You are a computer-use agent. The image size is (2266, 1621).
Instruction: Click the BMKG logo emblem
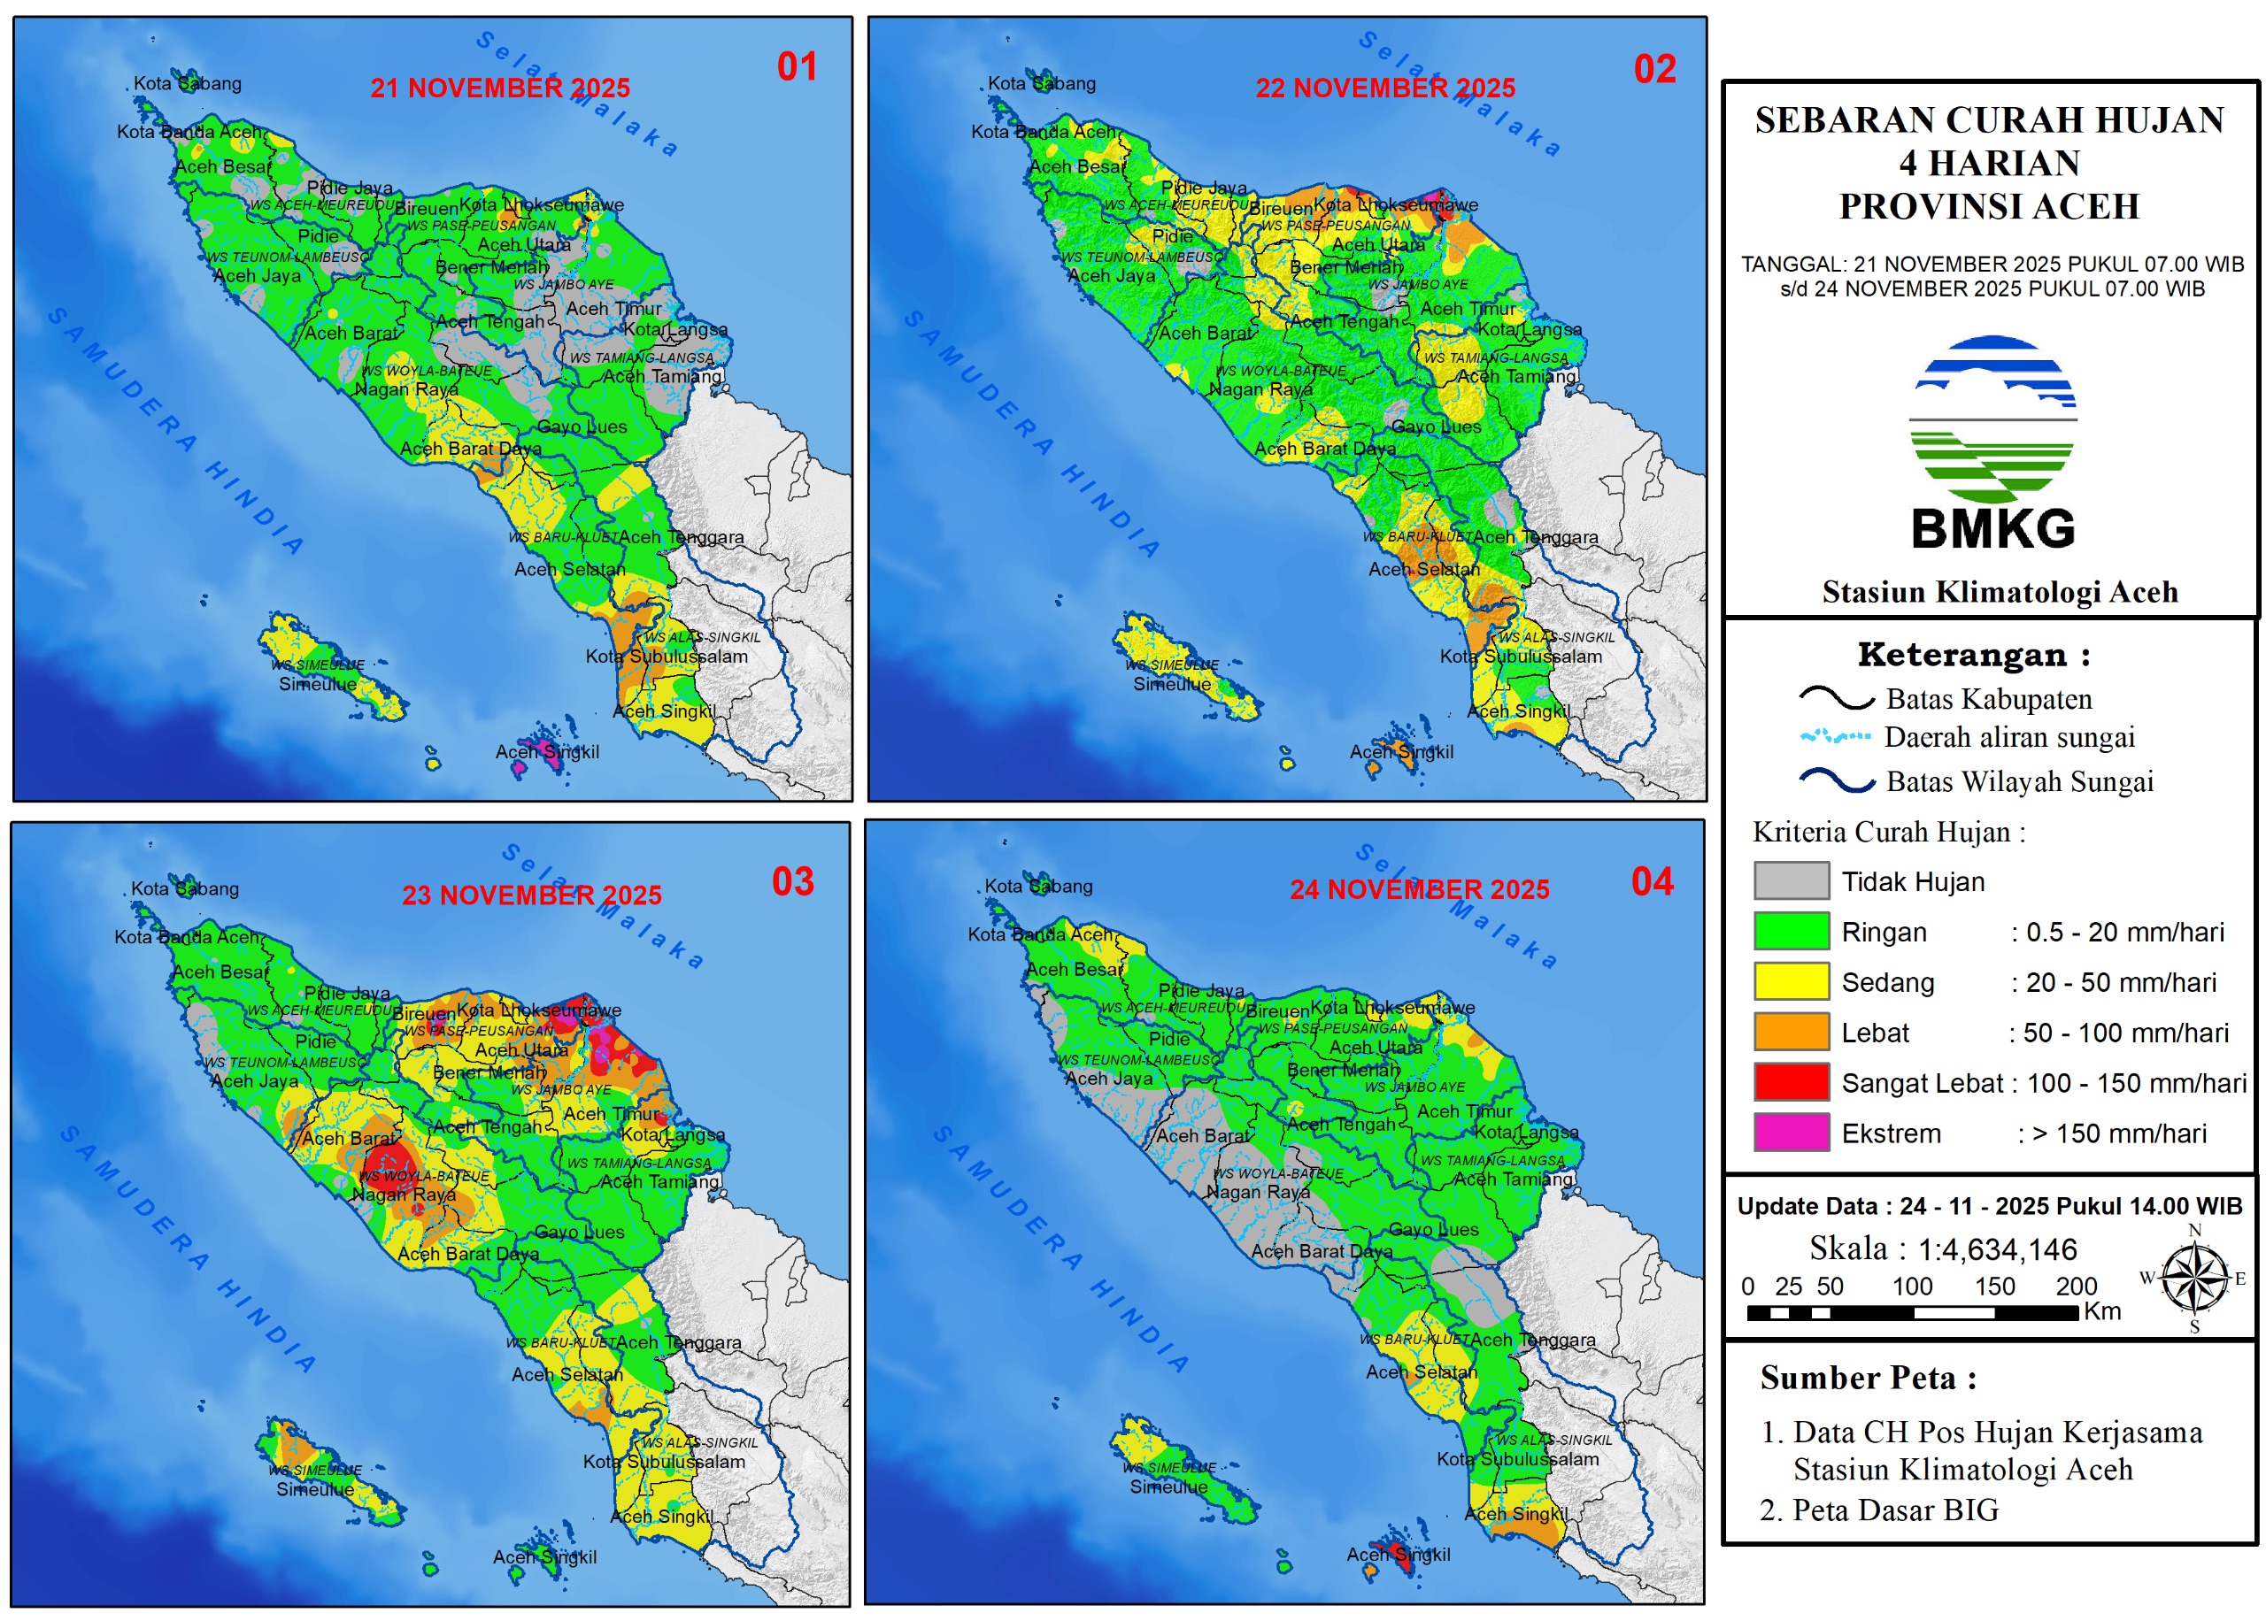[1992, 419]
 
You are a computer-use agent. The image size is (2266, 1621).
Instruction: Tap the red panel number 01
[797, 67]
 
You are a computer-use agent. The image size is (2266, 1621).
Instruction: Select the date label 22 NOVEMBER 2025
[1384, 88]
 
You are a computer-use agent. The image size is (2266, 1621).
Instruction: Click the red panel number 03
[792, 881]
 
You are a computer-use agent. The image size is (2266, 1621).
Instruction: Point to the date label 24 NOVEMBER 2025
[1419, 889]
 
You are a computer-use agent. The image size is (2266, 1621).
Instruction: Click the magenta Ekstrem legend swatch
[1791, 1133]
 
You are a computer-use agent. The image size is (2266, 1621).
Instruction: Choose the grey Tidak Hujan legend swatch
[1791, 881]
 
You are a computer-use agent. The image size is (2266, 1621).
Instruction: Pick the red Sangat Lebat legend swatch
[1791, 1082]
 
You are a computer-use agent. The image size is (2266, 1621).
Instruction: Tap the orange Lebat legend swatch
[1791, 1032]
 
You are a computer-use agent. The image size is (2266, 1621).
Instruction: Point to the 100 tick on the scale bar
[1912, 1287]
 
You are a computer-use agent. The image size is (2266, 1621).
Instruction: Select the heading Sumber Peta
[1868, 1378]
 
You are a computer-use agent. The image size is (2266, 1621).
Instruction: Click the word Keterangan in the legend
[1961, 655]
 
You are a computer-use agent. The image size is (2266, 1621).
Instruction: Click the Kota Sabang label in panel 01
[187, 84]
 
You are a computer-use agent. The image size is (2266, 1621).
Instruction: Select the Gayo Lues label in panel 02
[1436, 427]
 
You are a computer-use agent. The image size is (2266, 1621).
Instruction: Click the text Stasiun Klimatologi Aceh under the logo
[2000, 592]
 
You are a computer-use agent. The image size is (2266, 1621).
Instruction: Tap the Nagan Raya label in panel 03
[404, 1194]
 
